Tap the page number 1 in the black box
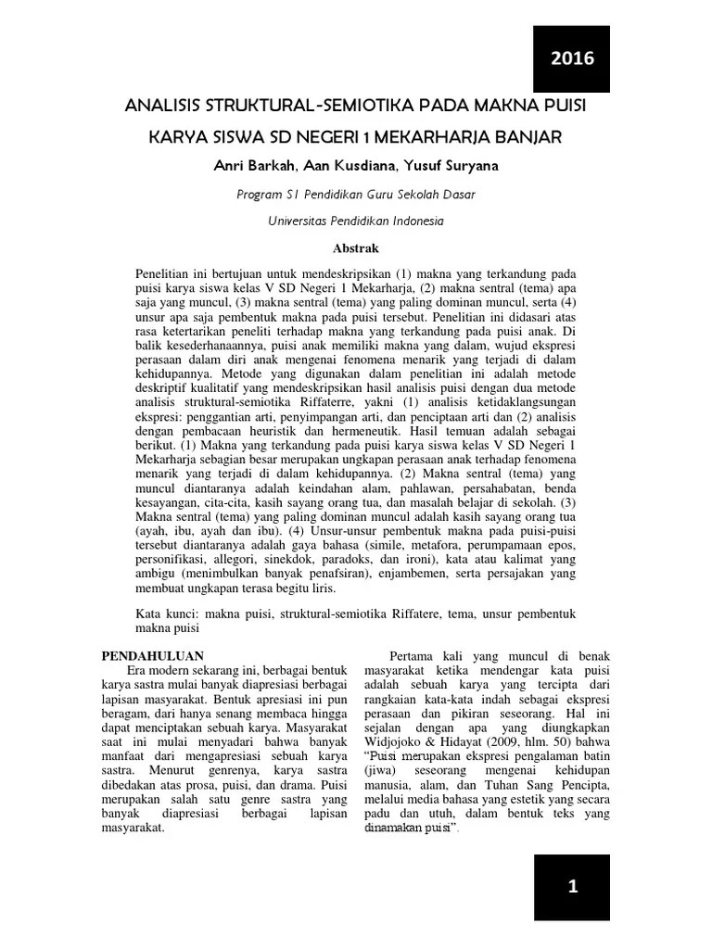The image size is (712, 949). pyautogui.click(x=572, y=887)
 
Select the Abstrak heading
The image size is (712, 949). pyautogui.click(x=356, y=248)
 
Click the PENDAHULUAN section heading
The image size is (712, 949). pyautogui.click(x=152, y=655)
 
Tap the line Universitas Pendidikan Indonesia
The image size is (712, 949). pyautogui.click(x=356, y=221)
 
